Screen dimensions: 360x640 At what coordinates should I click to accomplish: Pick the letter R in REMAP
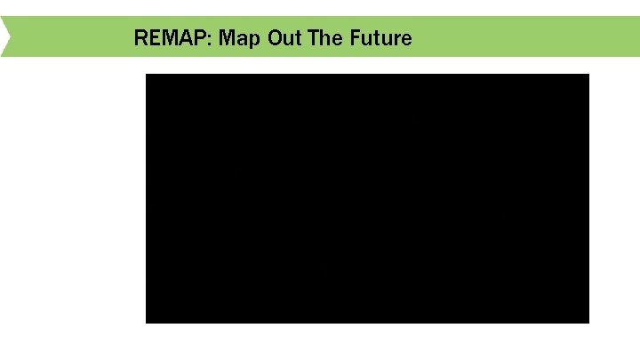[140, 38]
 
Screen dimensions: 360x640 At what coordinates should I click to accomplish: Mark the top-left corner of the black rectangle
[147, 75]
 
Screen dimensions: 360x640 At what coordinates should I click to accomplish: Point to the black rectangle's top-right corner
[588, 75]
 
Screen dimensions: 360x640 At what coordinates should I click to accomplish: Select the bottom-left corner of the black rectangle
[147, 322]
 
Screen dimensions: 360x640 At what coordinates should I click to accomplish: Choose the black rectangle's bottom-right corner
[588, 322]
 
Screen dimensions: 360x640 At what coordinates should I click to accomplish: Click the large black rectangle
[367, 198]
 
